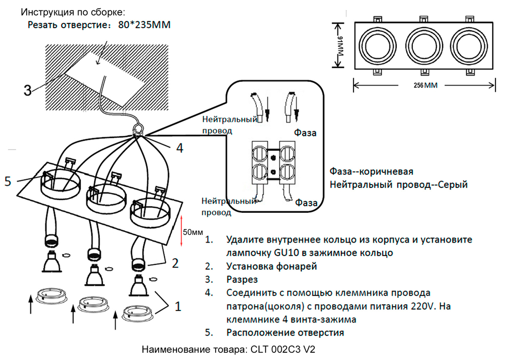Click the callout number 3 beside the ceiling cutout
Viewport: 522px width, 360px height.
[x=28, y=90]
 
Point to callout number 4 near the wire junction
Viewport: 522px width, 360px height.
[x=180, y=148]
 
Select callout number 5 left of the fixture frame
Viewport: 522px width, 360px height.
[x=8, y=181]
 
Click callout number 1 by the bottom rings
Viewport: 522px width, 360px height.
[x=177, y=307]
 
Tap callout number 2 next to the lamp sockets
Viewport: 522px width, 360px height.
[x=176, y=261]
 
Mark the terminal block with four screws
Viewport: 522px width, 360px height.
[x=273, y=161]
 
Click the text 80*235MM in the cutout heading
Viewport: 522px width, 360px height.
[x=143, y=25]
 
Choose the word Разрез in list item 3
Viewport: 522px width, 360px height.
[x=242, y=279]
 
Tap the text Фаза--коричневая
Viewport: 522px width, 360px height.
[x=372, y=172]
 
